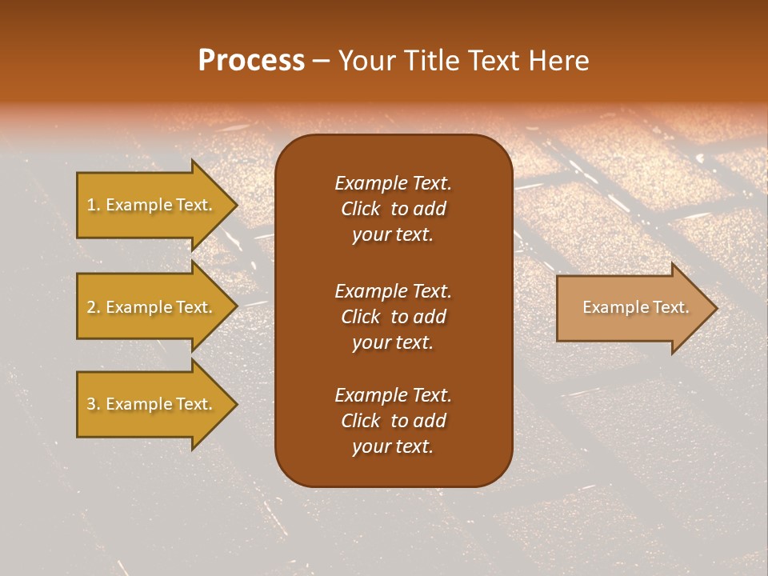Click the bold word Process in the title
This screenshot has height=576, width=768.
click(x=251, y=61)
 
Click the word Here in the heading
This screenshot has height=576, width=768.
click(x=558, y=61)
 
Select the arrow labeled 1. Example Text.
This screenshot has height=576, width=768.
click(x=150, y=205)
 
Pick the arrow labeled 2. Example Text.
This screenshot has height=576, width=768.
click(x=150, y=307)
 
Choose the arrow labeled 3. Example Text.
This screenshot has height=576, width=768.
click(x=150, y=404)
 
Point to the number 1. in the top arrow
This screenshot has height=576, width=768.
click(x=94, y=205)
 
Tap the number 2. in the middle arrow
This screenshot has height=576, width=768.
click(x=94, y=307)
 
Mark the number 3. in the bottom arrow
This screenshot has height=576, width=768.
click(x=94, y=404)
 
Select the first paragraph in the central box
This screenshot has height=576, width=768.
click(x=393, y=209)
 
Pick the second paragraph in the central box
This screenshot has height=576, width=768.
click(x=393, y=316)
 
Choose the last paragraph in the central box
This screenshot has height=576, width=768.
click(x=393, y=421)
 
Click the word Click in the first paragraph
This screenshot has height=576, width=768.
click(x=360, y=209)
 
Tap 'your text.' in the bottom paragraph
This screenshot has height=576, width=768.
click(x=393, y=447)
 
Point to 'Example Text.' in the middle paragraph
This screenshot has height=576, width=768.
click(x=393, y=290)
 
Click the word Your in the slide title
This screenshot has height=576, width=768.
click(x=366, y=61)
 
